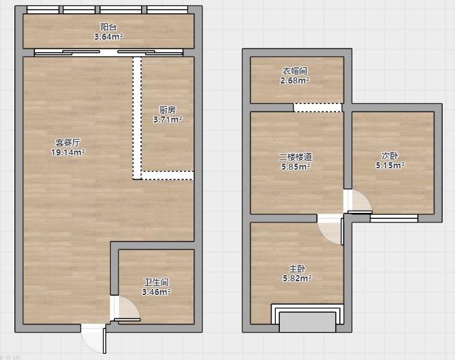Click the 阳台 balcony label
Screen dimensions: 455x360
(x=109, y=27)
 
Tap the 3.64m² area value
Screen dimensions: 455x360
(x=109, y=37)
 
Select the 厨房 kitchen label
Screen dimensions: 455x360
(x=168, y=110)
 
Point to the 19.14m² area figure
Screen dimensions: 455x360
(x=68, y=152)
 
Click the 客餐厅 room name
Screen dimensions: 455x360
(x=68, y=143)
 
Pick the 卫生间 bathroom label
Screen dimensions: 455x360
(x=157, y=282)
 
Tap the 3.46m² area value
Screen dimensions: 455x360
(x=157, y=292)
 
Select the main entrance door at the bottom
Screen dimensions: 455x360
(x=94, y=339)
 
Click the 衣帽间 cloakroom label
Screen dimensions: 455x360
(x=295, y=71)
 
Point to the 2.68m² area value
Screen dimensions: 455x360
(x=295, y=81)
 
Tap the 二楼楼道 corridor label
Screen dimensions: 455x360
(x=296, y=157)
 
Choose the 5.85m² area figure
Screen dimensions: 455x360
(x=296, y=166)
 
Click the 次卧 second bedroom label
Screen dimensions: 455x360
(x=390, y=156)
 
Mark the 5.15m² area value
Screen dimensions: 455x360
(x=390, y=166)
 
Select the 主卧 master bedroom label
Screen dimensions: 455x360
(x=297, y=269)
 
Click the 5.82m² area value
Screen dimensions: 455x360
(x=297, y=278)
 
